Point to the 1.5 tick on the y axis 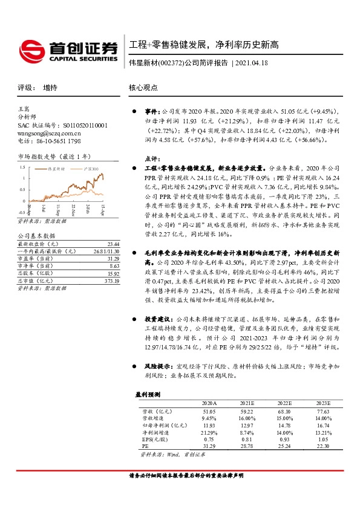[23, 166]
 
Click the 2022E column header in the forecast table [284, 403]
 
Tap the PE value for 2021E [247, 446]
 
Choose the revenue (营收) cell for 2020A [209, 411]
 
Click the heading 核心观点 [143, 88]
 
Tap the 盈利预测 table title [148, 394]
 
